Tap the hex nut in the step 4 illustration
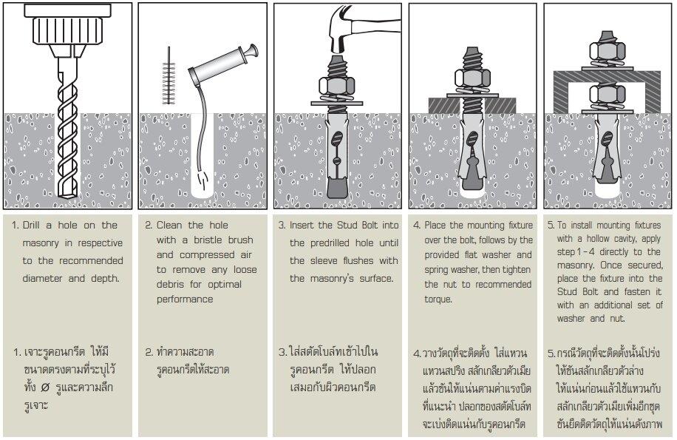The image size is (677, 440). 472,83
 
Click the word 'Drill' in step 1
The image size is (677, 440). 36,225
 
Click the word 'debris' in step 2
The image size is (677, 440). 171,282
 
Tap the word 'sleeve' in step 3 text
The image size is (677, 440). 322,260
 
